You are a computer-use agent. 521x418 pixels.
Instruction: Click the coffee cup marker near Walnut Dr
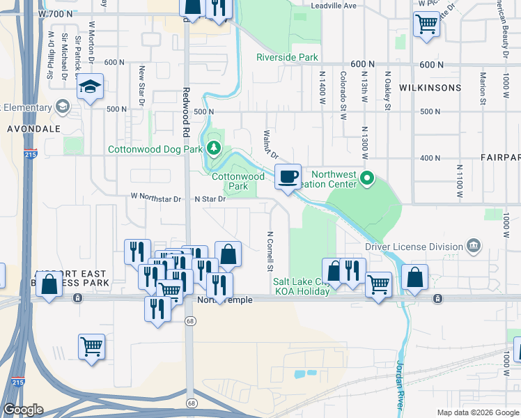[x=288, y=177]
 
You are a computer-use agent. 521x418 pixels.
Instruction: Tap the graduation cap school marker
[x=90, y=87]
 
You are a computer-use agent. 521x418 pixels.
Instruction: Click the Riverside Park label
[x=287, y=57]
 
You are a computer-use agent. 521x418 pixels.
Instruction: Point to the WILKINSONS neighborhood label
[x=430, y=88]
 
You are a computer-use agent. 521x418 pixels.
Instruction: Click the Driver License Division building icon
[x=473, y=246]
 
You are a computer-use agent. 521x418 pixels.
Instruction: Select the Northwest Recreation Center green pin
[x=368, y=180]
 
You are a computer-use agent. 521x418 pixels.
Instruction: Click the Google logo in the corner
[x=23, y=410]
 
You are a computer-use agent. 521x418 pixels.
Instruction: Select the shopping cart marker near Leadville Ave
[x=426, y=24]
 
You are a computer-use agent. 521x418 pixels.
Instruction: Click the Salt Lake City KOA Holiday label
[x=300, y=286]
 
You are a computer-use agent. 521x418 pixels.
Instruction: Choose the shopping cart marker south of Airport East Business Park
[x=92, y=346]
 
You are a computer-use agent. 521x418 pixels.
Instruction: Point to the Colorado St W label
[x=343, y=95]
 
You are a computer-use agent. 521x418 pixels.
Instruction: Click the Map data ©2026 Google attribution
[x=477, y=412]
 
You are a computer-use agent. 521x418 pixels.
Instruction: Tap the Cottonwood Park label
[x=238, y=181]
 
